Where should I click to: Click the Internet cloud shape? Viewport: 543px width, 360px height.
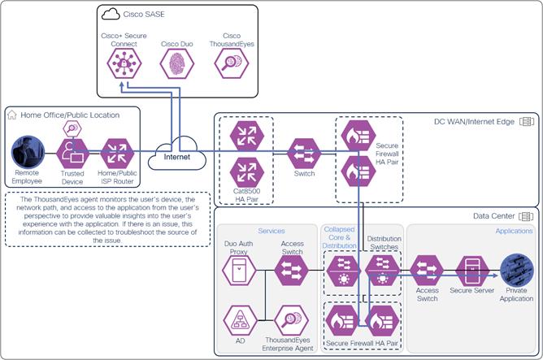[176, 153]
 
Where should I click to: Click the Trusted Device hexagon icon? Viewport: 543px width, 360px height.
[73, 153]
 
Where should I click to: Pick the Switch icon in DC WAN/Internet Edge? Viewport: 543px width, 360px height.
[304, 153]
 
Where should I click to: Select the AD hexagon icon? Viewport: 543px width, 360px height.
[238, 319]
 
